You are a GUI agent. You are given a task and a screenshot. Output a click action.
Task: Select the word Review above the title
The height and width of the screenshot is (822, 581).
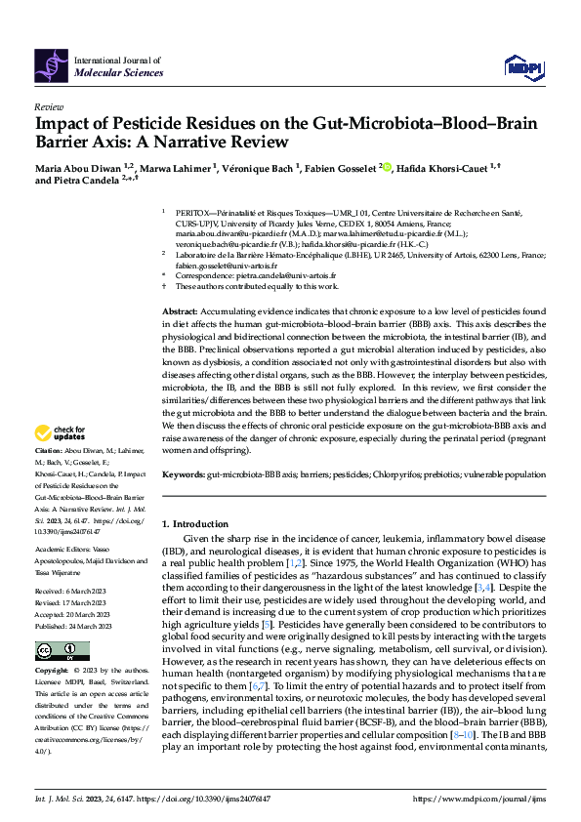tap(49, 106)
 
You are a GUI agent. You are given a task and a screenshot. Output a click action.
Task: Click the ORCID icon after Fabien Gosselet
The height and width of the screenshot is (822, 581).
tap(386, 167)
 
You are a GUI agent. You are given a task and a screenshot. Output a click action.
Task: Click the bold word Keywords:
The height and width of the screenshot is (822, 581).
tap(184, 473)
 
